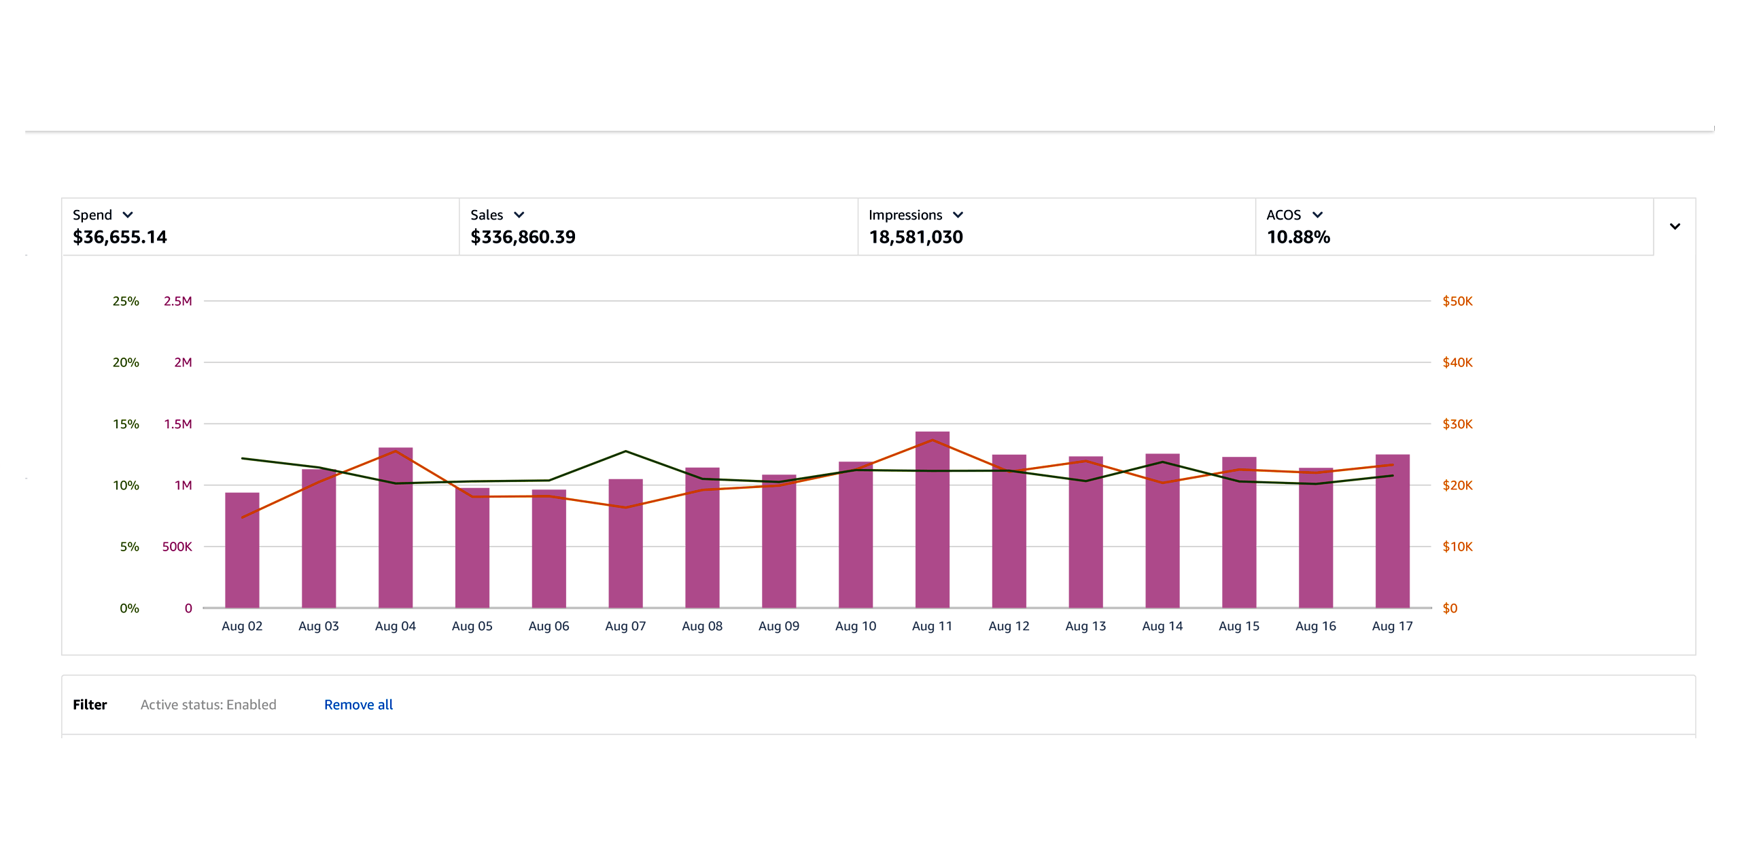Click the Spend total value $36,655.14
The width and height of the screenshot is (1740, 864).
click(x=120, y=237)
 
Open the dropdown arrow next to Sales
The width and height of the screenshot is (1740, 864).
click(x=519, y=215)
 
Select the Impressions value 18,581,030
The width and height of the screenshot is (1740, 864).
click(x=916, y=237)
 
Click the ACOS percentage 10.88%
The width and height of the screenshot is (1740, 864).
click(x=1298, y=237)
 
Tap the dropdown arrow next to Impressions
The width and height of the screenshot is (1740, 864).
click(x=958, y=215)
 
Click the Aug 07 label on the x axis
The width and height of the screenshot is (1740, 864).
click(x=625, y=626)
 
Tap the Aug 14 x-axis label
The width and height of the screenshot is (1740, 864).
click(x=1162, y=626)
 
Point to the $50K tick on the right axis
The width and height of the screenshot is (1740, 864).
click(x=1457, y=301)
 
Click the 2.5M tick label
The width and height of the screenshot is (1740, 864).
click(x=177, y=301)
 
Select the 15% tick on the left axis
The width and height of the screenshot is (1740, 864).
click(x=126, y=424)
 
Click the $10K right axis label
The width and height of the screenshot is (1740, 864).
click(x=1457, y=547)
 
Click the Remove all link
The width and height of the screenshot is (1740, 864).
click(x=358, y=705)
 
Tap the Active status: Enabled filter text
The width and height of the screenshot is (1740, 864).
click(x=208, y=705)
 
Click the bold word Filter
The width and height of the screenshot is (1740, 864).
click(x=90, y=705)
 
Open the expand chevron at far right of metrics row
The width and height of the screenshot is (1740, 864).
click(x=1675, y=226)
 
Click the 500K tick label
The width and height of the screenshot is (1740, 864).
click(x=177, y=547)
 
